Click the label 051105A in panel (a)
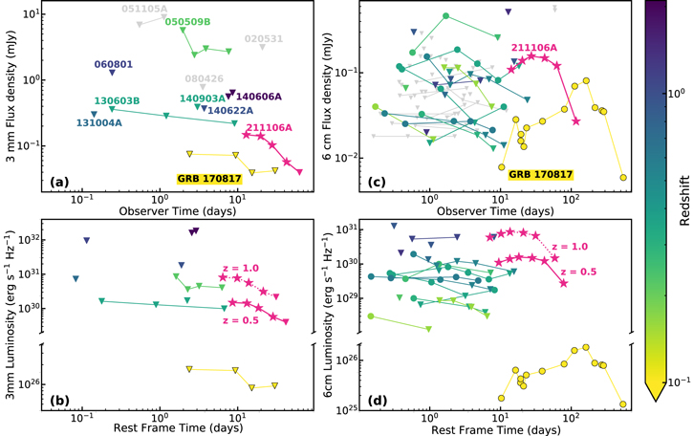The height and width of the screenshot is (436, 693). [144, 9]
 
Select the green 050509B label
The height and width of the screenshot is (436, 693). [188, 22]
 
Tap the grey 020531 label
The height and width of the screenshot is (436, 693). [264, 38]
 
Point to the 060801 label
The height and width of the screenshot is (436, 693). [113, 64]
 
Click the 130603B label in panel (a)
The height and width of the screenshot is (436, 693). [117, 100]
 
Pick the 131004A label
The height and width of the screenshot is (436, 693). [99, 122]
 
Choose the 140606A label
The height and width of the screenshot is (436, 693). [259, 97]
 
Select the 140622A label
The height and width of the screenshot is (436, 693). [230, 110]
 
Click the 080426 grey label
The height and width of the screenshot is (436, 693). [205, 78]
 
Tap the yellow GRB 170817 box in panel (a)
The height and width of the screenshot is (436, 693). [209, 179]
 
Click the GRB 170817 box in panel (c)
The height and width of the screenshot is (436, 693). [540, 174]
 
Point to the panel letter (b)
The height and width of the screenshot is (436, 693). [59, 401]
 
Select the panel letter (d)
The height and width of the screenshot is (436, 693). [377, 401]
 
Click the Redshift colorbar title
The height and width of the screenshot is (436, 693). [684, 201]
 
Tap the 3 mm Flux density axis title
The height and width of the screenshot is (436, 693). [11, 97]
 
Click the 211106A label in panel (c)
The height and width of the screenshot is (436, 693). [534, 48]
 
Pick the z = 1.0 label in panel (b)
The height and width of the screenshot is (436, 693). [241, 268]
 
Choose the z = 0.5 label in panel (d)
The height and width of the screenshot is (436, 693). [578, 272]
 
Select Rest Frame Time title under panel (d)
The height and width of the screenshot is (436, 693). [496, 430]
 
